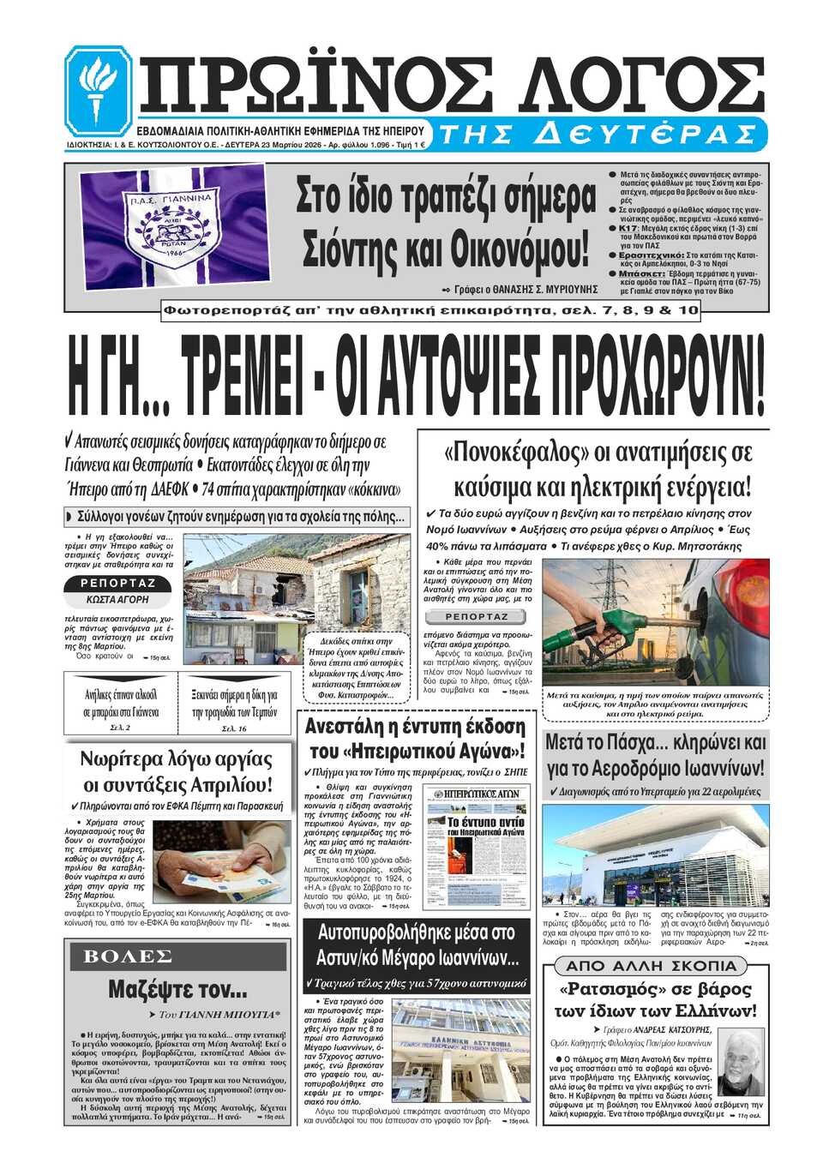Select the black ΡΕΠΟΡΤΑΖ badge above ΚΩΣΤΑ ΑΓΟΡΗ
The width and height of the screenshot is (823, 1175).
(117, 584)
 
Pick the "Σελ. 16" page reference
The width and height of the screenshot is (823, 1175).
(234, 728)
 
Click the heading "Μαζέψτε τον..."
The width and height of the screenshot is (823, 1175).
(177, 990)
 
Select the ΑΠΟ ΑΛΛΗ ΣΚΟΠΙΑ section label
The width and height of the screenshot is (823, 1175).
(651, 966)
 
